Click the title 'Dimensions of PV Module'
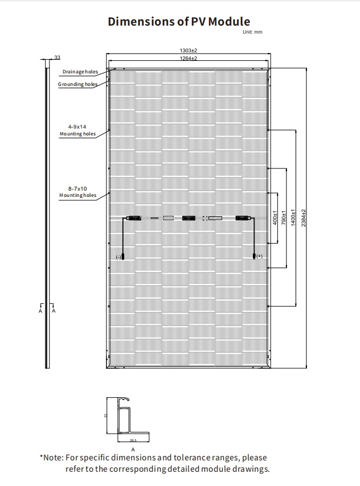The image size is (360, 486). click(x=179, y=22)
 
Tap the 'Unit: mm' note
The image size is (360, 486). click(x=252, y=32)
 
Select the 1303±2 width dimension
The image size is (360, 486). click(x=189, y=50)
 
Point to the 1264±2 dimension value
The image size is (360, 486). click(x=189, y=58)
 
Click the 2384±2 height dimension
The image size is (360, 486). click(x=304, y=218)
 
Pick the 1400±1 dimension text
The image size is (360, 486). click(x=293, y=217)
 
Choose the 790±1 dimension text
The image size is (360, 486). click(x=284, y=217)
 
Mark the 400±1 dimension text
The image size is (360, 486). click(x=275, y=217)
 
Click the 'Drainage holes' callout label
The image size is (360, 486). click(x=80, y=72)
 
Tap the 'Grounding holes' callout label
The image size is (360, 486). click(x=77, y=84)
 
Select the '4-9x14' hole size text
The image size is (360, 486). click(x=77, y=127)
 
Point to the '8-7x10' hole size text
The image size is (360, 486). click(x=77, y=188)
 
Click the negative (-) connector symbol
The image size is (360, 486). click(x=118, y=257)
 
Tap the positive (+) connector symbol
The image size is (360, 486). click(x=259, y=256)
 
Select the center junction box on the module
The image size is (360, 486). click(x=189, y=218)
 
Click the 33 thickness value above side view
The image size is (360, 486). click(x=57, y=57)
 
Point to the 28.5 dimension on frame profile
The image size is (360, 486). click(x=133, y=440)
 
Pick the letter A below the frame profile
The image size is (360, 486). click(x=133, y=450)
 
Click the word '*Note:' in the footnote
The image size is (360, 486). click(x=51, y=458)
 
